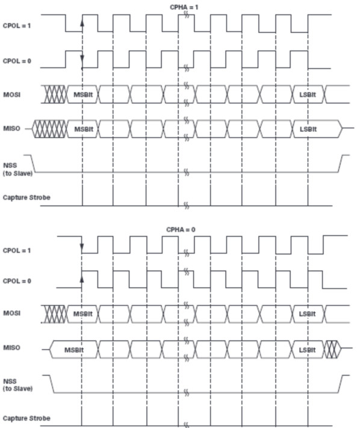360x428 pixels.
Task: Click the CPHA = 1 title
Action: point(184,7)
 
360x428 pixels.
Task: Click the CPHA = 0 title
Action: point(181,229)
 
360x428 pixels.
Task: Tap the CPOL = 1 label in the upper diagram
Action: point(17,26)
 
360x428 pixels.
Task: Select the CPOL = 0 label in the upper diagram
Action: point(17,61)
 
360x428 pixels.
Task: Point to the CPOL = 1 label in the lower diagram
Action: point(17,250)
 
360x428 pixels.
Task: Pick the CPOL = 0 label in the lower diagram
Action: point(17,281)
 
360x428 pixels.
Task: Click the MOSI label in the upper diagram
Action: point(11,95)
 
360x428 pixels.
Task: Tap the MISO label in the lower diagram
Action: point(11,347)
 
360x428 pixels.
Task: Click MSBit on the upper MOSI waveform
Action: point(83,95)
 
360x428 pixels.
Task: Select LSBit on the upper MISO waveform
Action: point(308,129)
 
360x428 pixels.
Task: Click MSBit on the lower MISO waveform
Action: point(74,350)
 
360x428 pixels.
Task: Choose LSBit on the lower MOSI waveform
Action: point(307,314)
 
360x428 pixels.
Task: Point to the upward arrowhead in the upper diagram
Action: point(82,23)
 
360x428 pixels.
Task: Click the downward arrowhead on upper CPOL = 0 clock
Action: point(82,58)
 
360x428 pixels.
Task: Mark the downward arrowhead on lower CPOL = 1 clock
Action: point(82,247)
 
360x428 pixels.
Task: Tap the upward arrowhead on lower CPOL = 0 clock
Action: point(82,279)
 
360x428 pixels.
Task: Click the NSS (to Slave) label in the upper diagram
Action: point(17,169)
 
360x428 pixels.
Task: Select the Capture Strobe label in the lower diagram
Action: point(26,418)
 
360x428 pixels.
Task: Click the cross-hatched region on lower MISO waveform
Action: point(332,349)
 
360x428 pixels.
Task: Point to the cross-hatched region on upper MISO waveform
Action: point(50,129)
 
